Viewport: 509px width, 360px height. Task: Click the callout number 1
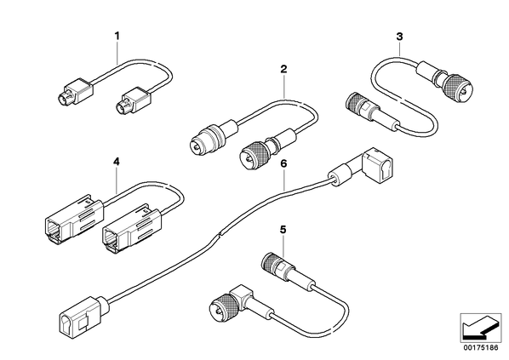[x=117, y=36]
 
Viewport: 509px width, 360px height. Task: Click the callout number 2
[x=283, y=69]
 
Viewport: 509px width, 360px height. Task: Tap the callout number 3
[x=399, y=37]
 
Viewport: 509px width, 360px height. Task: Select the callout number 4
[x=117, y=162]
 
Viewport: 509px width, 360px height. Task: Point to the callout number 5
[x=283, y=230]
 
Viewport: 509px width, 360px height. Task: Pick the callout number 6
[x=283, y=163]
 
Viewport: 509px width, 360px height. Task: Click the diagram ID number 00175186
[x=480, y=348]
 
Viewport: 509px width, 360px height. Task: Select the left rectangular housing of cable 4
[x=74, y=218]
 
